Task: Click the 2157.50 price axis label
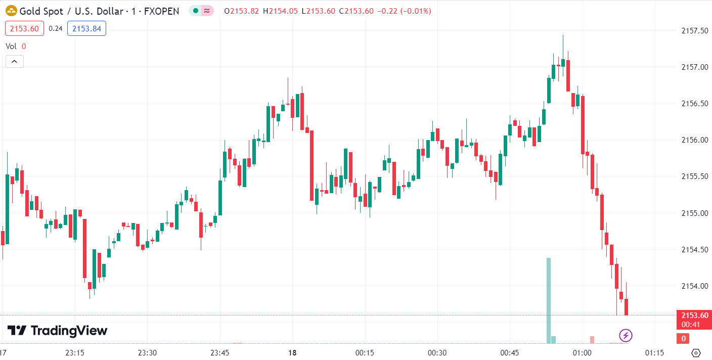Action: click(694, 31)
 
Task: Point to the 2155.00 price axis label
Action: click(694, 213)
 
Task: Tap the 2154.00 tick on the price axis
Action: click(694, 286)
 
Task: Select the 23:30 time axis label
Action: click(147, 352)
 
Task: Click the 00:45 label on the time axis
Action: click(510, 352)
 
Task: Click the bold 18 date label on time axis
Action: click(292, 352)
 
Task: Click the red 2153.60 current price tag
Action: click(693, 316)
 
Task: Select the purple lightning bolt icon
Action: click(626, 335)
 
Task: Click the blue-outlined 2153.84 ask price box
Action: click(86, 29)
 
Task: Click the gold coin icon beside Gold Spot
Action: click(11, 11)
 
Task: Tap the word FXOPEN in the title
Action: click(162, 11)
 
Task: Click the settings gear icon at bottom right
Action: click(696, 352)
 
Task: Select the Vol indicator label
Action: click(11, 46)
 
